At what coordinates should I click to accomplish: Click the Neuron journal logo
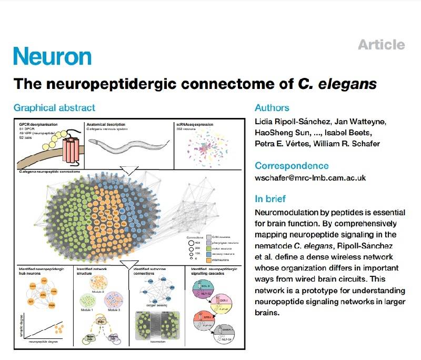(52, 56)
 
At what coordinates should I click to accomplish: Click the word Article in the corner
(382, 45)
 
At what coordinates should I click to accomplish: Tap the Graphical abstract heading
(54, 108)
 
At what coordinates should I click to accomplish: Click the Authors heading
(272, 108)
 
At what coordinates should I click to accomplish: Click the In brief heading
(270, 199)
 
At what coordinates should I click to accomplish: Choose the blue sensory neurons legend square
(208, 253)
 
